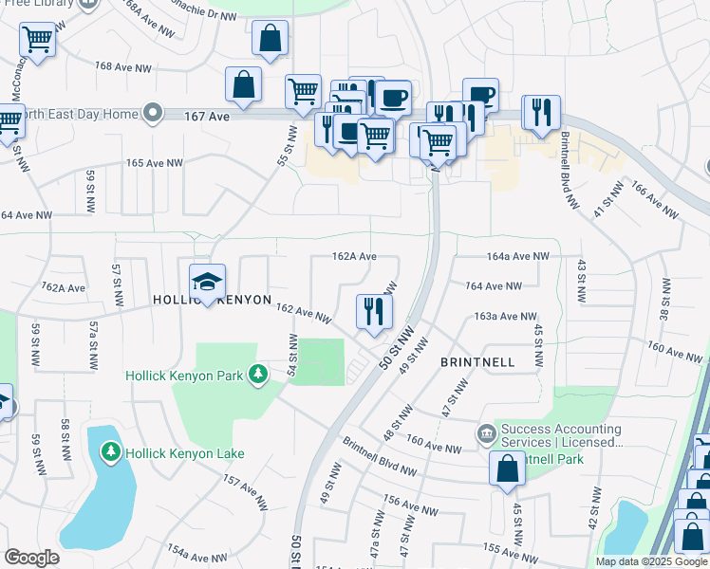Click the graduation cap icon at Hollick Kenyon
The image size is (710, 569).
pyautogui.click(x=207, y=282)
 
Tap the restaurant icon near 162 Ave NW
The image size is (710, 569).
pyautogui.click(x=373, y=312)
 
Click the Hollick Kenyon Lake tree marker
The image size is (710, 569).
pyautogui.click(x=112, y=452)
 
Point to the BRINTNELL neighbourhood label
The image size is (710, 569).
pyautogui.click(x=477, y=362)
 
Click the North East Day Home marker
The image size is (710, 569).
pyautogui.click(x=152, y=115)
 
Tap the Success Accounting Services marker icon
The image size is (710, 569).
pyautogui.click(x=486, y=434)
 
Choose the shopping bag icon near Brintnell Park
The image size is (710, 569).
pyautogui.click(x=507, y=468)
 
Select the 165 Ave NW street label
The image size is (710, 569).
pyautogui.click(x=154, y=163)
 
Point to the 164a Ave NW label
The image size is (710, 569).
pyautogui.click(x=517, y=256)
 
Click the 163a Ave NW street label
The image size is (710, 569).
pyautogui.click(x=498, y=316)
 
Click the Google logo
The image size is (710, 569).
pyautogui.click(x=32, y=558)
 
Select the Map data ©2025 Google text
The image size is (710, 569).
pyautogui.click(x=650, y=561)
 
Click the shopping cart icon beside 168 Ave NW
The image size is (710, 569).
pyautogui.click(x=36, y=41)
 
